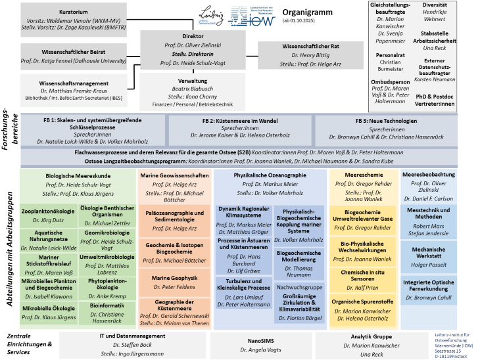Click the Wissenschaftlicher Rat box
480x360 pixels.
point(310,55)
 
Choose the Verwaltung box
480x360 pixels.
point(193,93)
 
